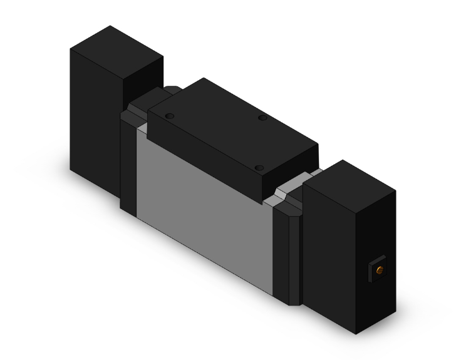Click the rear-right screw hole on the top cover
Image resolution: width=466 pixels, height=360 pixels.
(x=262, y=118)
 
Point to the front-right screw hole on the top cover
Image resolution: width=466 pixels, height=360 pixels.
(x=259, y=168)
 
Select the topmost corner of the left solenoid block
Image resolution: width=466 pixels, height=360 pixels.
(x=110, y=26)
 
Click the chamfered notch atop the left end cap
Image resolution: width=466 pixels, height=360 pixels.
(x=133, y=116)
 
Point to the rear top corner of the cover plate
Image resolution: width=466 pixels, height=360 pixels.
(x=202, y=79)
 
